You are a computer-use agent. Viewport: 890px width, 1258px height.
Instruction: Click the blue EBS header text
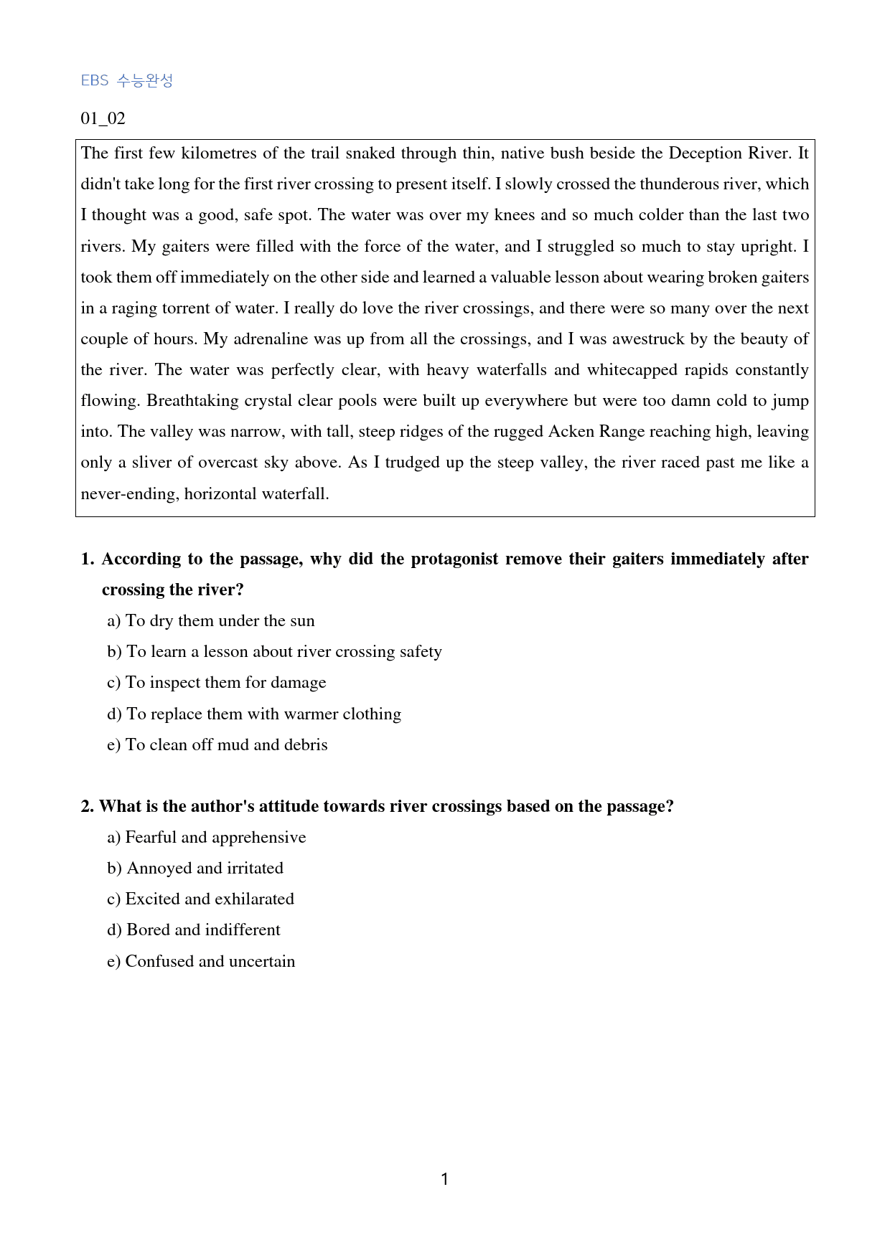[126, 80]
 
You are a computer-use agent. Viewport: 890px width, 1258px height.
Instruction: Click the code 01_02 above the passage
[103, 118]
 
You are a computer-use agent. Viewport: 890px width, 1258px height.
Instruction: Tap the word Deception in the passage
[706, 153]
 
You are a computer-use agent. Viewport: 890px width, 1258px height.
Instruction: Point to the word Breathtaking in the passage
[192, 400]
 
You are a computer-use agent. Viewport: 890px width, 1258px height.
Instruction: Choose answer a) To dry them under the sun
[211, 620]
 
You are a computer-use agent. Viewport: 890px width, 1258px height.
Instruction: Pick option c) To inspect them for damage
[217, 682]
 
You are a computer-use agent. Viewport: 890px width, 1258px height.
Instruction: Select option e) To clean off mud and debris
[217, 744]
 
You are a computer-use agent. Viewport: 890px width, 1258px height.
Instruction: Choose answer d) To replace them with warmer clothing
[254, 714]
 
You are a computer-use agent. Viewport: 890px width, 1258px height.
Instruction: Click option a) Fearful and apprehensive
[207, 837]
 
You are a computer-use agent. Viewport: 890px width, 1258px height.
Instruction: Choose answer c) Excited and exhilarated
[201, 899]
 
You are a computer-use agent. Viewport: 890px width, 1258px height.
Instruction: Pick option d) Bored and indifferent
[194, 930]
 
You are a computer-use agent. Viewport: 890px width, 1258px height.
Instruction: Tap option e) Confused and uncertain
[201, 961]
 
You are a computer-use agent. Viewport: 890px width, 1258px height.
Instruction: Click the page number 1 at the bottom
[445, 1179]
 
